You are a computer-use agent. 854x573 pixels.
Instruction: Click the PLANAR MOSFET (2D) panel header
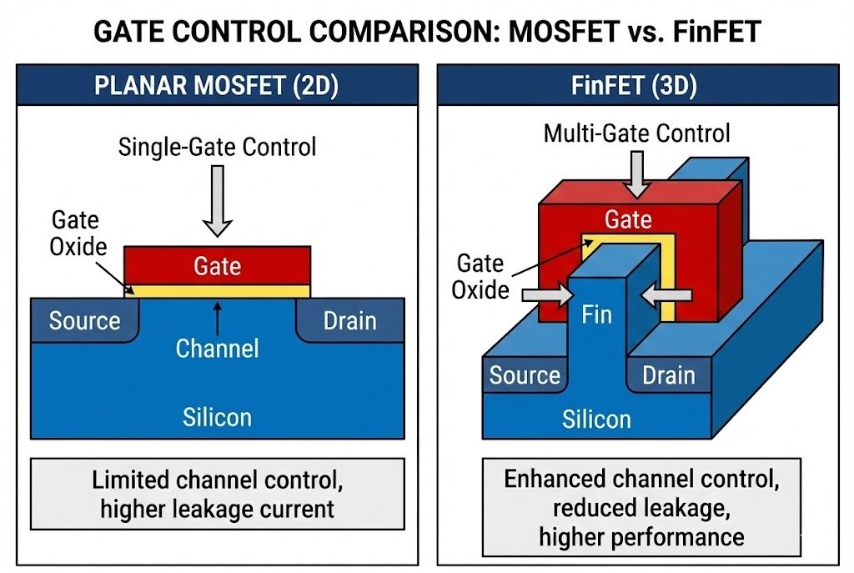[217, 87]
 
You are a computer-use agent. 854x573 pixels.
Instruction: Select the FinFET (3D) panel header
[636, 87]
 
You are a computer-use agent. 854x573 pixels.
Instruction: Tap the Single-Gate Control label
[218, 148]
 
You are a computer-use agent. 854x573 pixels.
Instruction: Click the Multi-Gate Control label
[636, 133]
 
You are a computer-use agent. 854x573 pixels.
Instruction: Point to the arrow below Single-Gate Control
[218, 199]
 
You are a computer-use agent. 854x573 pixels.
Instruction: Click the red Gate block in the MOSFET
[218, 265]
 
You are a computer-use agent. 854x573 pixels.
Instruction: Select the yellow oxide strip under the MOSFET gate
[218, 290]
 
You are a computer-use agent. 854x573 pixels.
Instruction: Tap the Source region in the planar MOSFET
[84, 321]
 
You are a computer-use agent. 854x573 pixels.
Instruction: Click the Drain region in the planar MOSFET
[350, 321]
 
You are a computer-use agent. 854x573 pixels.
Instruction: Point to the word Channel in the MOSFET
[217, 348]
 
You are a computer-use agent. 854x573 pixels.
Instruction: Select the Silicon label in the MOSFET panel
[217, 416]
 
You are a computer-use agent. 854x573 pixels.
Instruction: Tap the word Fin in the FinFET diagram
[596, 314]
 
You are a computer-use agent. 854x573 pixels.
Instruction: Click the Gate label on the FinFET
[628, 219]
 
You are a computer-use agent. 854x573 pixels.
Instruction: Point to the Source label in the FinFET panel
[525, 375]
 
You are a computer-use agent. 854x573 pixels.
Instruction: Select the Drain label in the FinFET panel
[668, 375]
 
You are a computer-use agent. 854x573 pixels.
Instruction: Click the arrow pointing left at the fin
[668, 294]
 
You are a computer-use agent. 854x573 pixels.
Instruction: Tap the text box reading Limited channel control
[217, 495]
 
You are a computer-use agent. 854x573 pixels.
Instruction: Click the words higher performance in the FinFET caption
[640, 536]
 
